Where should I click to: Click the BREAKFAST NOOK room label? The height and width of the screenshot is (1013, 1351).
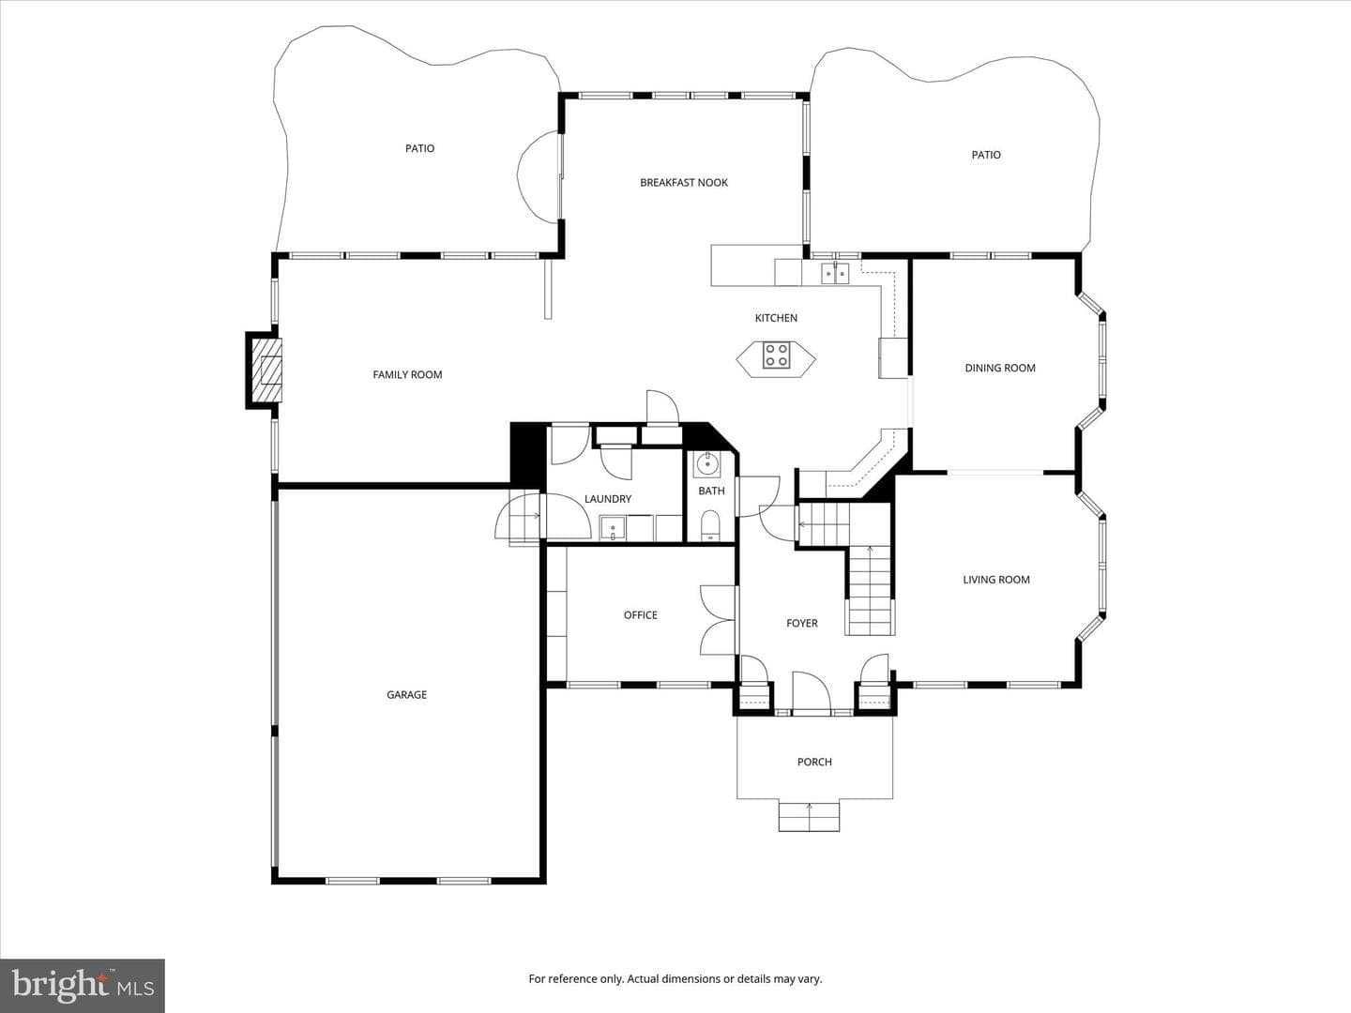684,183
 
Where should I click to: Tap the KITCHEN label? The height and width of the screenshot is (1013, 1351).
776,318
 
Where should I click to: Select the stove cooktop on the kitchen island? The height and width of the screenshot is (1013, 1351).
776,355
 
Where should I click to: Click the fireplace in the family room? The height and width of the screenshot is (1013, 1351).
266,370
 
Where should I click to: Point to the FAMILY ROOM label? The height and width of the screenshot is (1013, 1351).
407,374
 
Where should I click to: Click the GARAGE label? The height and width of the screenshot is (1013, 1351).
407,695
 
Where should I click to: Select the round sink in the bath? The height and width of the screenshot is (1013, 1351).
707,464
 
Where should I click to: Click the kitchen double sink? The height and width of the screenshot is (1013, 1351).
835,272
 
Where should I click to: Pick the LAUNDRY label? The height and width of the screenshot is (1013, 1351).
608,499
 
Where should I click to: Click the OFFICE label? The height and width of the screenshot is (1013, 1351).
641,615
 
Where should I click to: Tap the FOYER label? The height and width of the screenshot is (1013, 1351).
802,623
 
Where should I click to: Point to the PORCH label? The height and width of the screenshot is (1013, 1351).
814,762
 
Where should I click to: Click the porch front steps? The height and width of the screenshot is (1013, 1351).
809,816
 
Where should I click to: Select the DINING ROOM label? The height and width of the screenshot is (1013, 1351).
1000,368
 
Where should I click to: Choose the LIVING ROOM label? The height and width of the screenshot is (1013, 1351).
996,580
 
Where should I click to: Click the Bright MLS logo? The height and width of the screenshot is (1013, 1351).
83,985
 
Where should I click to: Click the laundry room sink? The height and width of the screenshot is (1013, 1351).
613,528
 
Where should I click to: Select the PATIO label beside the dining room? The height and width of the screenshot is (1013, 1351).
986,155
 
